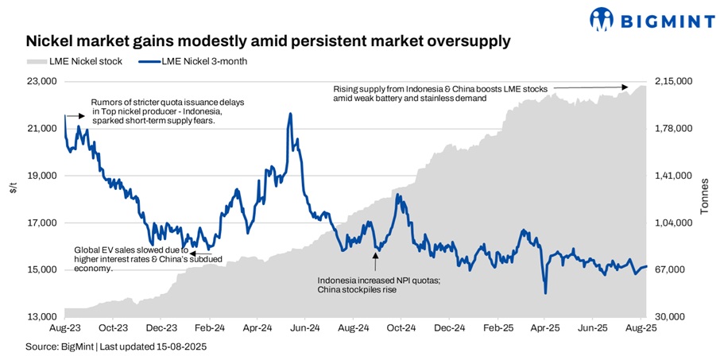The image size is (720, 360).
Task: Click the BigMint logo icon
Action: pyautogui.click(x=602, y=19)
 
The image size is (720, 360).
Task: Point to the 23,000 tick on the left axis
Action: pyautogui.click(x=43, y=81)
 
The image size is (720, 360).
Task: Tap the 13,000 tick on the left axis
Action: pyautogui.click(x=43, y=317)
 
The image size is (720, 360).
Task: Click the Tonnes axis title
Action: pyautogui.click(x=703, y=199)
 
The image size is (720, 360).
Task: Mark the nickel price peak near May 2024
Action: pyautogui.click(x=290, y=114)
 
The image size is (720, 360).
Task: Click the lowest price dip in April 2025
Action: pyautogui.click(x=545, y=293)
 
